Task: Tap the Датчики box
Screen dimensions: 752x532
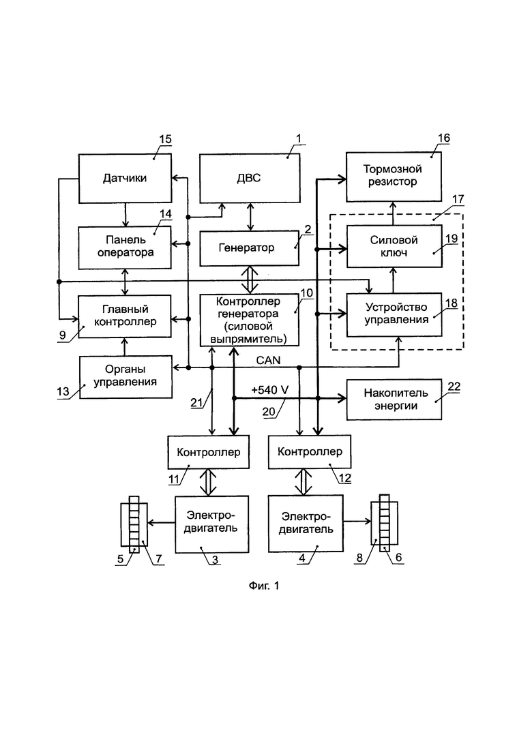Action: (x=125, y=178)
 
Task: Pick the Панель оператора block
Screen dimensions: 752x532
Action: (x=125, y=247)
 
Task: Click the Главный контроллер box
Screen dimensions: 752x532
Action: (x=125, y=316)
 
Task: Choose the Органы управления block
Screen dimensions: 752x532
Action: (x=125, y=376)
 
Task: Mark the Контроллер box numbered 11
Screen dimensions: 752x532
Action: (x=209, y=452)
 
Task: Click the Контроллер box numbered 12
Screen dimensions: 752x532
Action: (x=310, y=451)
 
